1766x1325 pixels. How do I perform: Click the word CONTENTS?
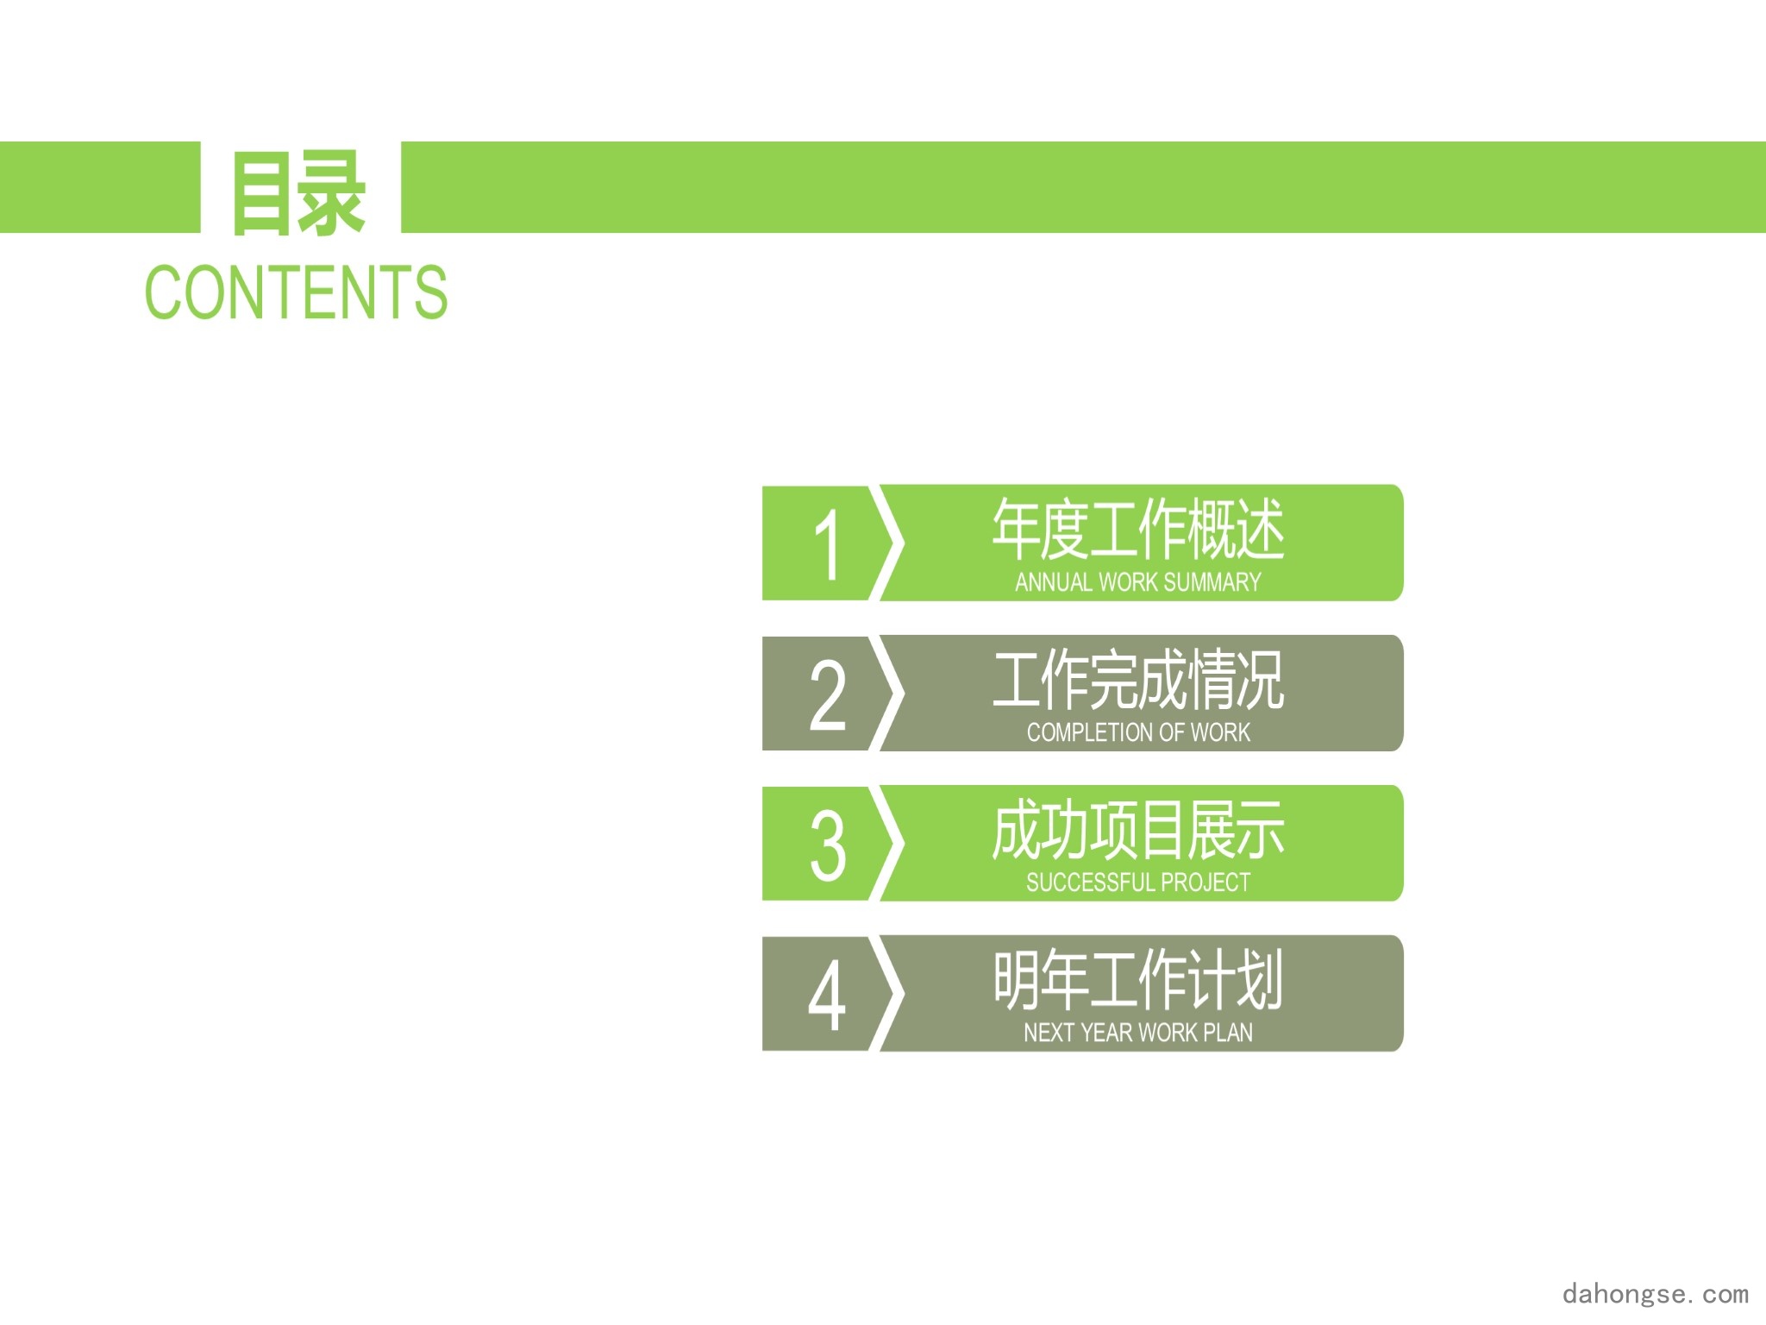click(x=296, y=292)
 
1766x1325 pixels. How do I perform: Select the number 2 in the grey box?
click(x=828, y=694)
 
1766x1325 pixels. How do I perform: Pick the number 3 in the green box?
click(x=828, y=845)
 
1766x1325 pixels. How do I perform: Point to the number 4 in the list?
click(x=827, y=995)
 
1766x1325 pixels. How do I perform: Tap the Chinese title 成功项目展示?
click(x=1138, y=830)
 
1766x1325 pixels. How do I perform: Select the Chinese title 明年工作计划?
click(x=1138, y=980)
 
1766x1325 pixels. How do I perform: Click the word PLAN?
click(x=1228, y=1033)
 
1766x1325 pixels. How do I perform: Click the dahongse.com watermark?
click(x=1656, y=1293)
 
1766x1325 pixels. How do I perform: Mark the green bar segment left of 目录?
click(x=100, y=187)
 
